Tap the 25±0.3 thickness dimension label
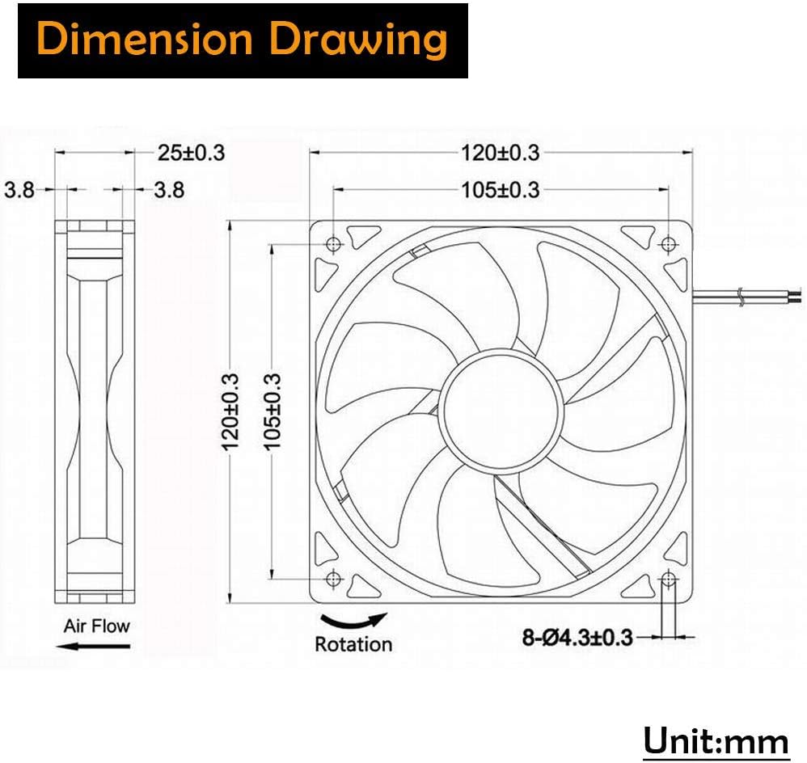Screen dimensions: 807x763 coord(191,152)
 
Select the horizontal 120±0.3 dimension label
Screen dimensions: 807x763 coord(500,152)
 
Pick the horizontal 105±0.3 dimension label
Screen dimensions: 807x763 coord(500,190)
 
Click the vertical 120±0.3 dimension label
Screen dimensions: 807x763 coord(231,411)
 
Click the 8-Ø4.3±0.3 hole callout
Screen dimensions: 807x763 coord(577,638)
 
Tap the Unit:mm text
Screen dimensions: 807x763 coord(716,740)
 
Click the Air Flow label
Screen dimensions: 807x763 coord(96,625)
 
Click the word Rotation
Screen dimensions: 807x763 coord(353,644)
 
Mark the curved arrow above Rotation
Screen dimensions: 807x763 coord(353,621)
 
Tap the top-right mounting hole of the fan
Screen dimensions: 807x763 coord(668,244)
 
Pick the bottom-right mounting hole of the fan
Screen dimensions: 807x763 coord(668,578)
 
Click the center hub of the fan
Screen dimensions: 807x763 coord(500,411)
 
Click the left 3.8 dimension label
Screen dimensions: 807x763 coord(19,190)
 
